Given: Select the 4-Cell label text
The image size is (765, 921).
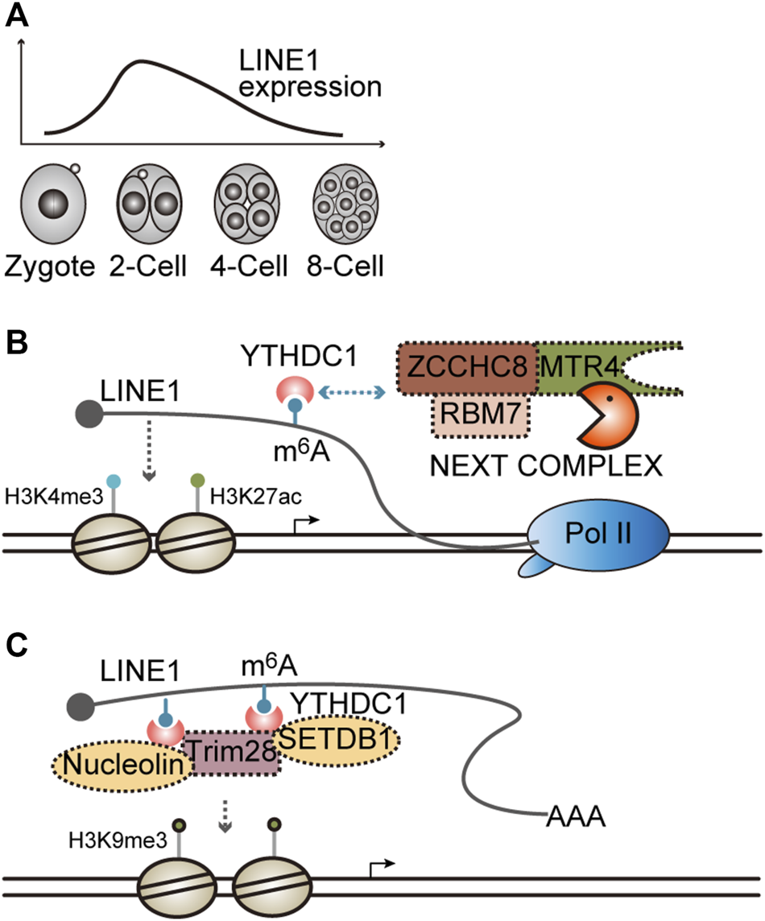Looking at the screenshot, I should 249,266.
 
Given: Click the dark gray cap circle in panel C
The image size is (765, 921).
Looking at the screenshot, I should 80,705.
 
